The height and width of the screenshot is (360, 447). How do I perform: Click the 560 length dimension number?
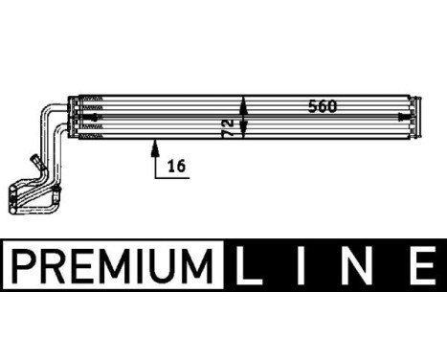pos(322,106)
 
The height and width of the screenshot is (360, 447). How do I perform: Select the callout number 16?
pos(175,166)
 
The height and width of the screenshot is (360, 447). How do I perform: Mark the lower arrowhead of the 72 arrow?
pos(244,134)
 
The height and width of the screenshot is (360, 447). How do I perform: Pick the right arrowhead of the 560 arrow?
pos(407,116)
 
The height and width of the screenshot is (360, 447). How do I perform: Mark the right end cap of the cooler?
pos(413,116)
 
